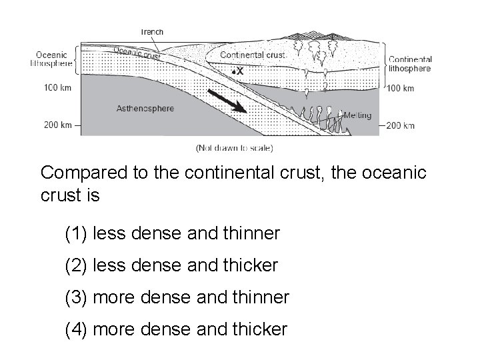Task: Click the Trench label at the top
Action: [x=152, y=31]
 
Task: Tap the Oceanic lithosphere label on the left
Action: [x=51, y=59]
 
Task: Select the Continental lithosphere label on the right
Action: [x=410, y=63]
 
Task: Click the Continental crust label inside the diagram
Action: [x=253, y=55]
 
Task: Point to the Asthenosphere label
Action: [x=145, y=108]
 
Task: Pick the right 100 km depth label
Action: [x=400, y=88]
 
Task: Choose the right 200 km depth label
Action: [x=400, y=125]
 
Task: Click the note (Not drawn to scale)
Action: [x=234, y=147]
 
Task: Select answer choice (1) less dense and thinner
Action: [x=173, y=233]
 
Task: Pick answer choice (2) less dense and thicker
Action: [x=171, y=265]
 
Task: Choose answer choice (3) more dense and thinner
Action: [x=177, y=297]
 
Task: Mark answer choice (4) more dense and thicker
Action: [x=176, y=329]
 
